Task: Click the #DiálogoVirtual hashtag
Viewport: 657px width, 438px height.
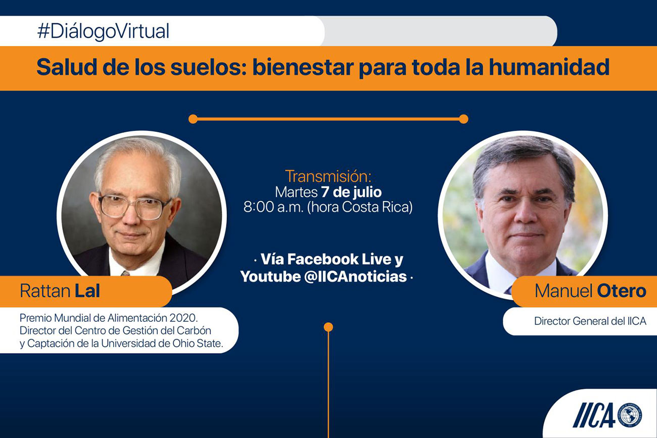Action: pos(103,31)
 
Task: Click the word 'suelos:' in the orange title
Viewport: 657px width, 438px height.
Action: pos(209,67)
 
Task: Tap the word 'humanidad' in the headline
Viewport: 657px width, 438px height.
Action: pos(549,67)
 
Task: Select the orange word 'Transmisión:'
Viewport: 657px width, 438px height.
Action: pos(328,176)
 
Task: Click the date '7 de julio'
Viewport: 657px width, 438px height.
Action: pos(351,192)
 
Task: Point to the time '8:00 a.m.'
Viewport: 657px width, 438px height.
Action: pos(273,207)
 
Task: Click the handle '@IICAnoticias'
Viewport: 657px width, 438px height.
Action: pos(355,276)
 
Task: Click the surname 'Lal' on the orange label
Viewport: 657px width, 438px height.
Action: pos(87,291)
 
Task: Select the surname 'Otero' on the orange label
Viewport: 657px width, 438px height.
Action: pos(622,291)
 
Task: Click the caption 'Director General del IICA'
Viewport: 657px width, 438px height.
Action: pos(590,321)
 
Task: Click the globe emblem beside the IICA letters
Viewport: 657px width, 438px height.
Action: pos(630,415)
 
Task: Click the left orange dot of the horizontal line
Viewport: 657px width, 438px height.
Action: pos(193,119)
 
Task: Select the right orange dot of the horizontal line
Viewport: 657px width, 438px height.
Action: pos(463,119)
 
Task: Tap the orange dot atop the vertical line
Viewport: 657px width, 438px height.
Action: pos(328,327)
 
